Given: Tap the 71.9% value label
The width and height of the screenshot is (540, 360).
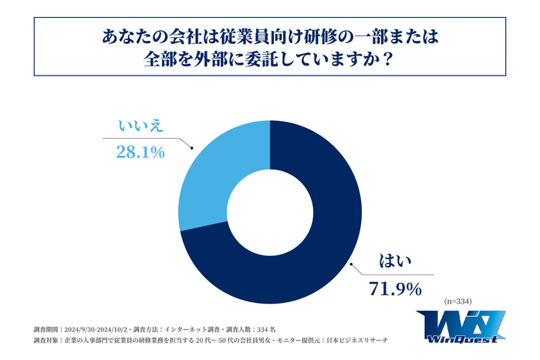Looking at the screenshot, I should pos(393,290).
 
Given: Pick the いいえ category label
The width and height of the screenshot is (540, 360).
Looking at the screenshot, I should pos(140,126).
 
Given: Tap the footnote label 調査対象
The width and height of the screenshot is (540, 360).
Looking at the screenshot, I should pos(48,340).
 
